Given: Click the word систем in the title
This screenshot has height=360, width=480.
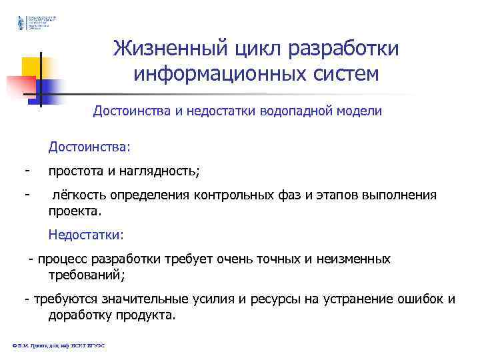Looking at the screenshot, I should (341, 74).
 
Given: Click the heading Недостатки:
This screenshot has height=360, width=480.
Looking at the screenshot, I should (86, 235).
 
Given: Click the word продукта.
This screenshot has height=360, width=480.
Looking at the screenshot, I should (143, 315).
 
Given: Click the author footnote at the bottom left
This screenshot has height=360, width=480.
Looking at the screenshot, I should (60, 345).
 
